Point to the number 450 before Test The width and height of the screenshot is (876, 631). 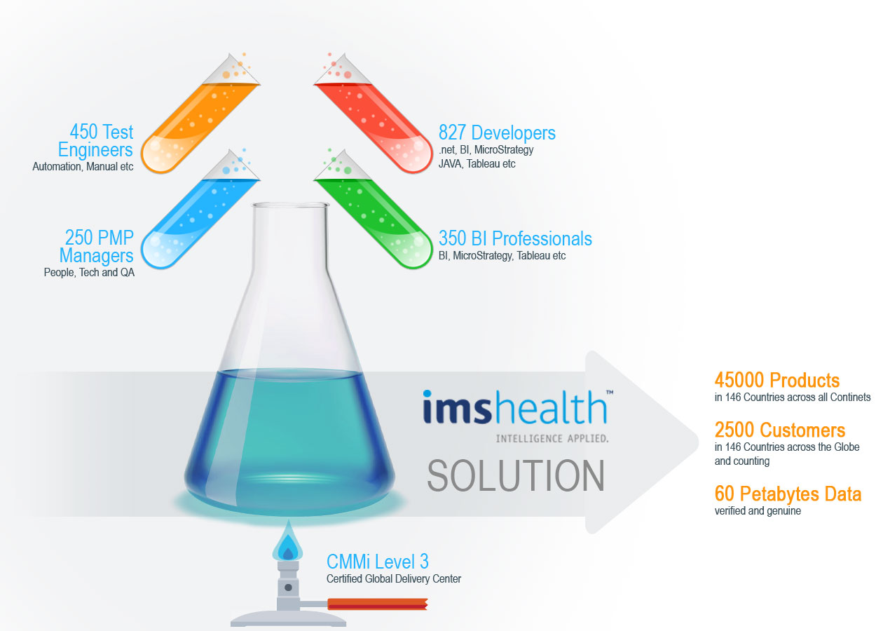click(x=83, y=132)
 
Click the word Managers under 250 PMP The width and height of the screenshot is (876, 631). click(x=96, y=256)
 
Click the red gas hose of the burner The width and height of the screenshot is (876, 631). click(x=378, y=604)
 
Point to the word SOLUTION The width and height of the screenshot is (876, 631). click(x=516, y=475)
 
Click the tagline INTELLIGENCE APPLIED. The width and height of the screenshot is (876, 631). click(x=552, y=438)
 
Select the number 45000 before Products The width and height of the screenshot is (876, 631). click(x=739, y=380)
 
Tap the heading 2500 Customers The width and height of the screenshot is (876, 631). click(x=780, y=430)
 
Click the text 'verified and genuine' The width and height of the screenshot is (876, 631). click(x=758, y=511)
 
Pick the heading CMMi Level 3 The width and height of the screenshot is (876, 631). click(x=378, y=562)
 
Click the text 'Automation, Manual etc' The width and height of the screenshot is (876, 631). click(x=83, y=167)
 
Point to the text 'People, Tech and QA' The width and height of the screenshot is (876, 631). click(x=89, y=272)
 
